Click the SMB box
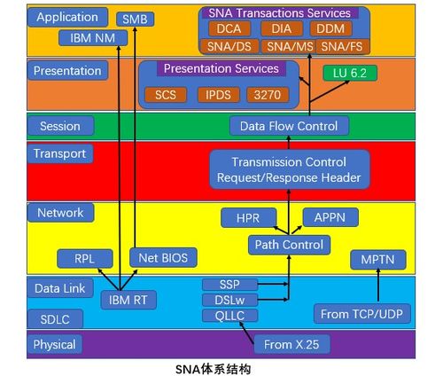click(x=136, y=18)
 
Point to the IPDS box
click(x=221, y=94)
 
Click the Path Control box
click(x=288, y=244)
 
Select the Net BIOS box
click(x=163, y=258)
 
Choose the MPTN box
click(x=377, y=260)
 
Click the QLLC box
click(x=229, y=314)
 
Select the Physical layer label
click(x=54, y=344)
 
